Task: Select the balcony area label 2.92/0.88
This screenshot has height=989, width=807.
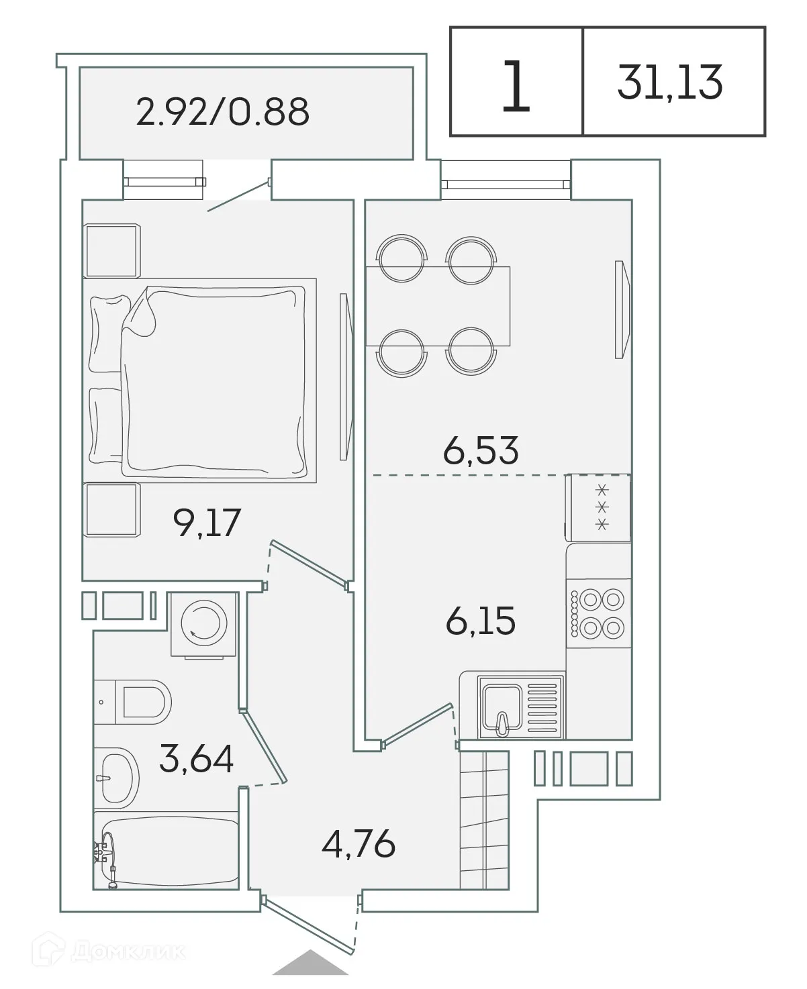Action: coord(222,112)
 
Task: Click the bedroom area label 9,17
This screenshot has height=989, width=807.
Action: coord(206,523)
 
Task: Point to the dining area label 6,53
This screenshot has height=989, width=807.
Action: coord(481,451)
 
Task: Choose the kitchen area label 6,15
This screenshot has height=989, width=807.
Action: coord(481,621)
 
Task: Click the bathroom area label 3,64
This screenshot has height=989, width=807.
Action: coord(197,760)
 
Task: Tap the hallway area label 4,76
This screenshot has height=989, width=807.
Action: coord(358,844)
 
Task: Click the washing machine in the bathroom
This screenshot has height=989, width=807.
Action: coord(203,624)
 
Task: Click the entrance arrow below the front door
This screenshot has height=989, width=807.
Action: coord(310,963)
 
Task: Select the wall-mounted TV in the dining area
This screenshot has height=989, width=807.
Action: coord(622,310)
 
